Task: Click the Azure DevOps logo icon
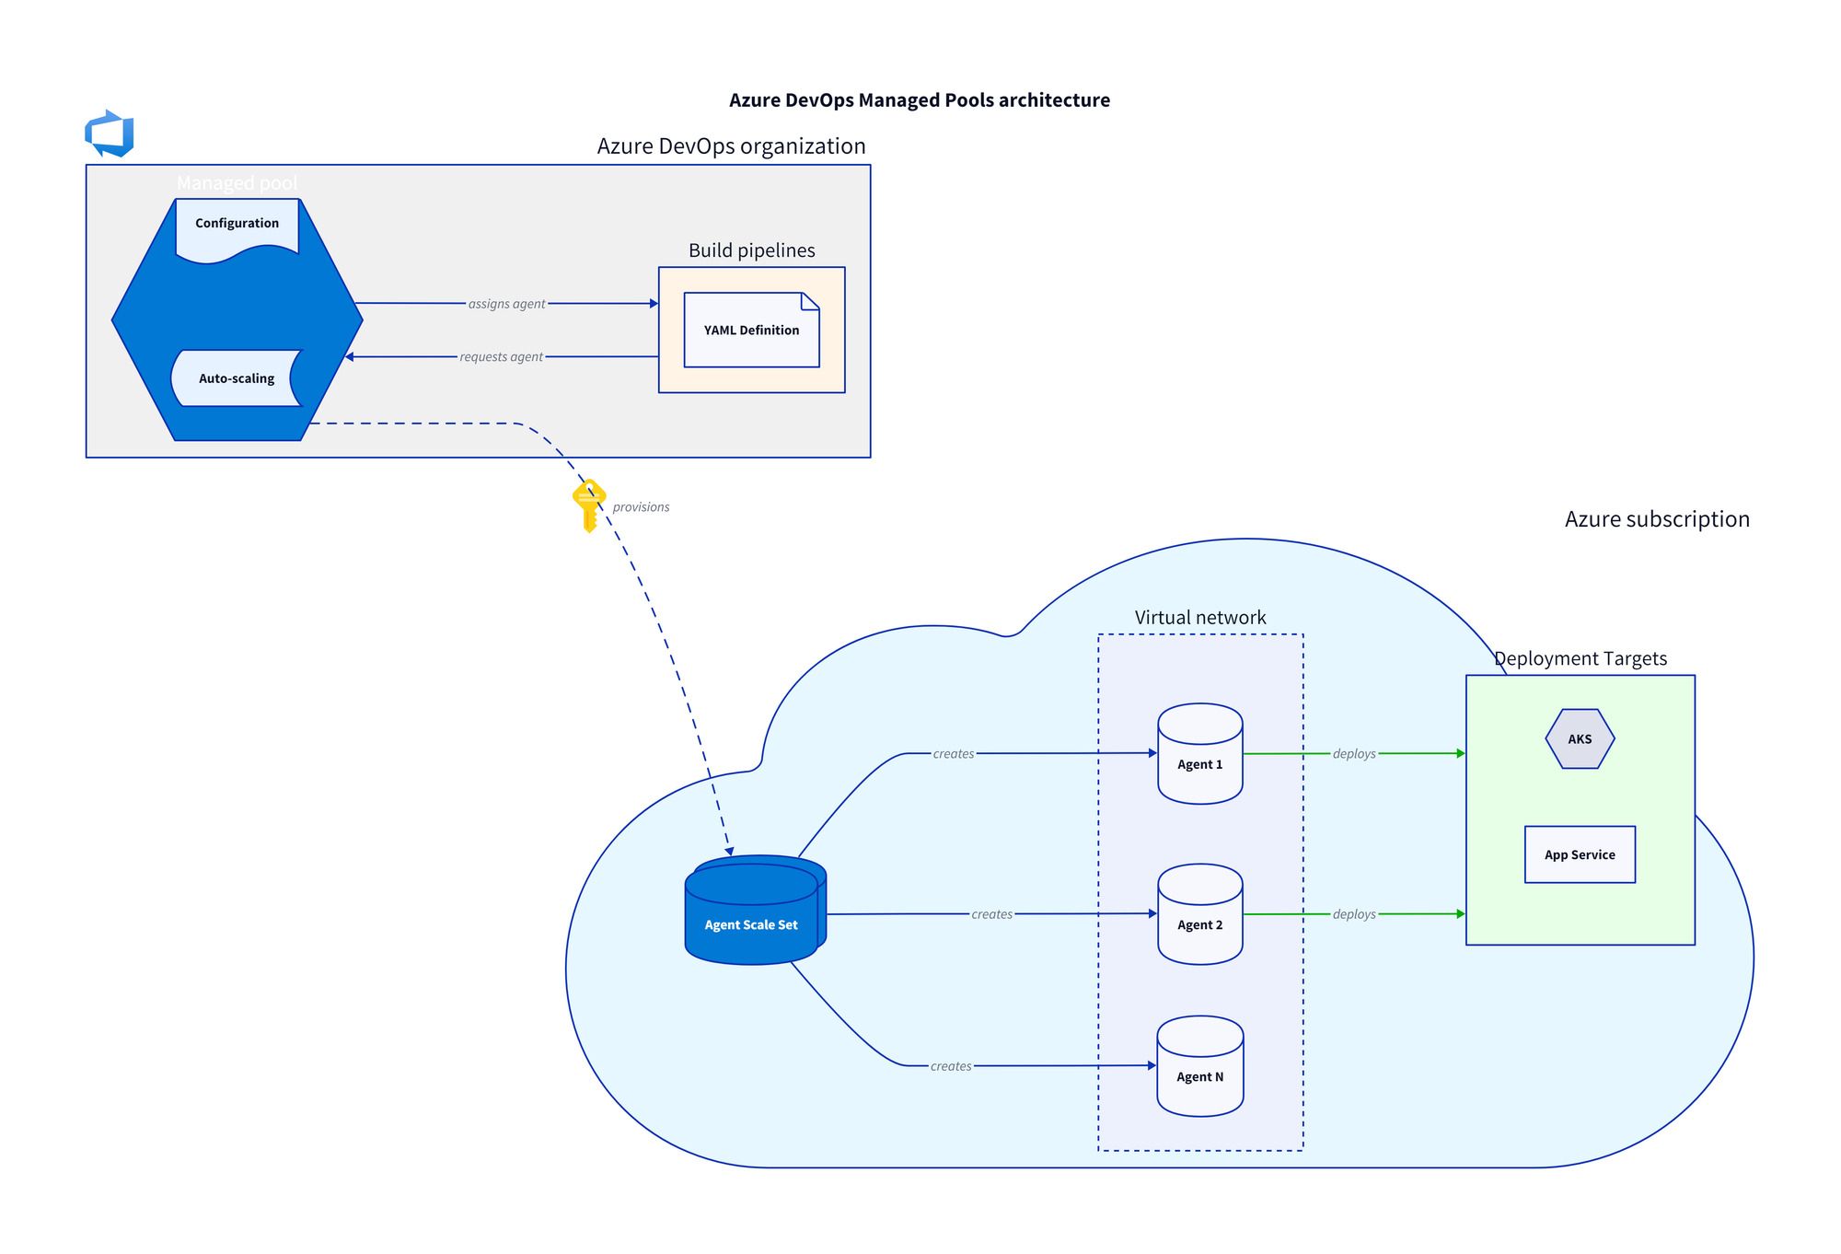[110, 134]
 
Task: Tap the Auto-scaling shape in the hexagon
[237, 378]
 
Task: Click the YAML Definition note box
[751, 330]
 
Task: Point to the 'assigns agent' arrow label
[506, 304]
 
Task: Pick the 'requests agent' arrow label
[501, 357]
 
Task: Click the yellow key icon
[589, 505]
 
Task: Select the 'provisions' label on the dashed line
[641, 507]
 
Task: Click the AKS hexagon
[1580, 738]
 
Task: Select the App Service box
[1580, 854]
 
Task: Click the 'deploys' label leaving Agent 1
[1353, 754]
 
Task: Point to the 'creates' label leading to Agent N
[951, 1066]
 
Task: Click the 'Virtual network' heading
[1199, 618]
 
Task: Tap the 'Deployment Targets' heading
[1580, 658]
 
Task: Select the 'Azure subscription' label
[1657, 519]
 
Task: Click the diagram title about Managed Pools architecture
[919, 100]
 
